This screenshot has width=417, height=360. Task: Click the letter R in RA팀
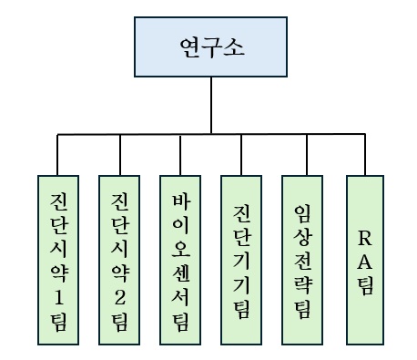pos(365,238)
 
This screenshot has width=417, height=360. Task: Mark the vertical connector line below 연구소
pos(210,105)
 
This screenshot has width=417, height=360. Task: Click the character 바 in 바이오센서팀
pos(179,200)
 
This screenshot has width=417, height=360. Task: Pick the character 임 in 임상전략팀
pos(302,212)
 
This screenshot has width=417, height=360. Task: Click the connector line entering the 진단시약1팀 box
pos(57,155)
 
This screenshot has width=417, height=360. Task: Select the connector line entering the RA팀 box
pos(365,155)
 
